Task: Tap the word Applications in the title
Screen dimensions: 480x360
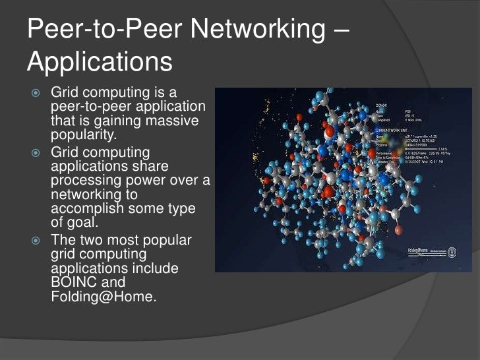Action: coord(100,63)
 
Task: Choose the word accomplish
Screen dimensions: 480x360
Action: coord(87,209)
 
